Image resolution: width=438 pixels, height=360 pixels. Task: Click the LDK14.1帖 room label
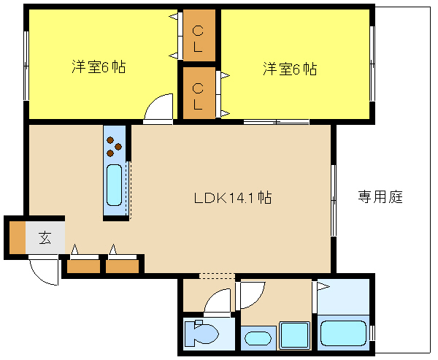tap(233, 198)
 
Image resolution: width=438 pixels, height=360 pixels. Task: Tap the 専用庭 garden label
tap(380, 196)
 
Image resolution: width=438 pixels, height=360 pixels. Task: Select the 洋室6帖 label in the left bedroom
tap(99, 66)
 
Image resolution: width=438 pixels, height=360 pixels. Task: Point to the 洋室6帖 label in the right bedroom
tap(290, 69)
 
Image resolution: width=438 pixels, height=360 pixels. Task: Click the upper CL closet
tap(199, 35)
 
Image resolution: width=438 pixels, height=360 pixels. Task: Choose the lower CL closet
tap(199, 93)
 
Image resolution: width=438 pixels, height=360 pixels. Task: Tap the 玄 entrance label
tap(45, 238)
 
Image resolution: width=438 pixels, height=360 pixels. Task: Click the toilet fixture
tap(201, 334)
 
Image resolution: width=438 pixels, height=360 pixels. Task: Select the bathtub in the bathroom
tap(343, 334)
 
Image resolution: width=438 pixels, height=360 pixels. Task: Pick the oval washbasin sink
tap(258, 339)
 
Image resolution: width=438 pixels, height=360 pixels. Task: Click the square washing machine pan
tap(295, 335)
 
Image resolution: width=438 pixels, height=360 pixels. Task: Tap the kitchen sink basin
tap(115, 185)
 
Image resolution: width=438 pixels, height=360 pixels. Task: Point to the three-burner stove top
tap(115, 146)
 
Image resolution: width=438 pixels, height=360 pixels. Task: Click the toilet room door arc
tap(217, 299)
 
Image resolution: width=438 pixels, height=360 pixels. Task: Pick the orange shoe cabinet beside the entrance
tap(18, 237)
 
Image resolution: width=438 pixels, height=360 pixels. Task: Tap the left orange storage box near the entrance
tap(83, 267)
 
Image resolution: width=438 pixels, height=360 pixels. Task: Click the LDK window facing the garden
tap(334, 200)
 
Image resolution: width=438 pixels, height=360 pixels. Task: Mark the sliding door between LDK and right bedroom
tap(276, 122)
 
